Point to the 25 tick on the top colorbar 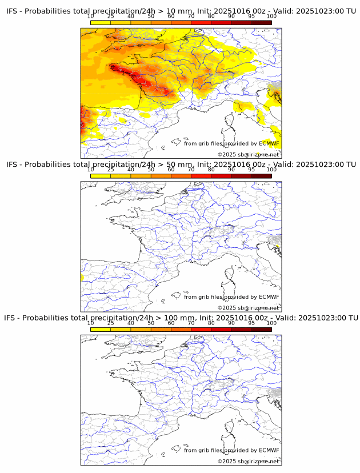point(111,16)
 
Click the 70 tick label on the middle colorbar point(191,170)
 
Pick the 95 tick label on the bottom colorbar point(251,323)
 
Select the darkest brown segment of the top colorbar point(261,23)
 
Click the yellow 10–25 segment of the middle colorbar point(101,176)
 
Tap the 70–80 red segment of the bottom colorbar point(201,329)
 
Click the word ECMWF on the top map point(269,143)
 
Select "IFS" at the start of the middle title point(13,165)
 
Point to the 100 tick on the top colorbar point(271,16)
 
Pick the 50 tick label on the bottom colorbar point(151,323)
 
